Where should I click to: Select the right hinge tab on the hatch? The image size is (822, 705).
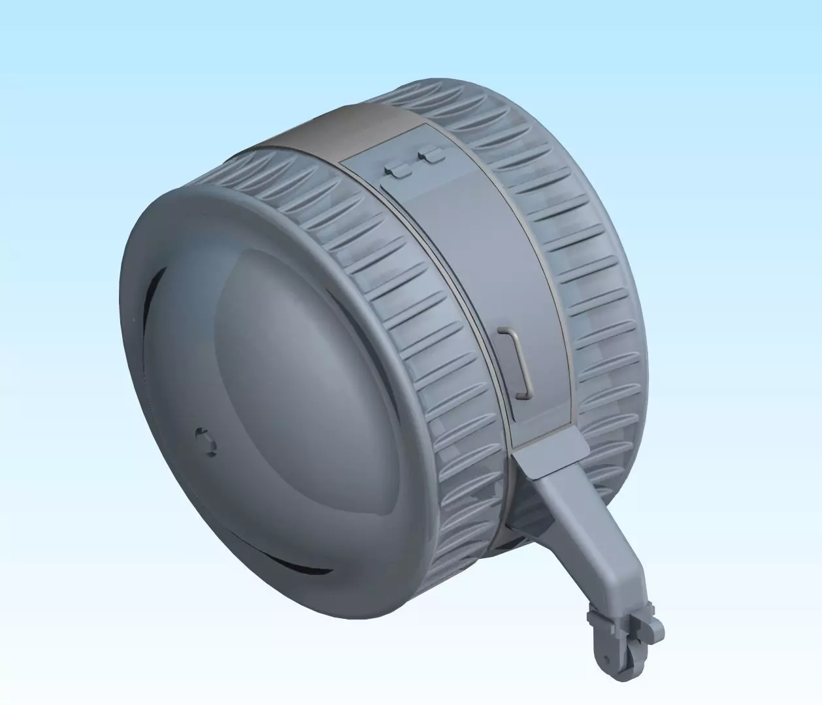tap(431, 155)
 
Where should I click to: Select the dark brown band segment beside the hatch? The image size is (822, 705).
tap(327, 137)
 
